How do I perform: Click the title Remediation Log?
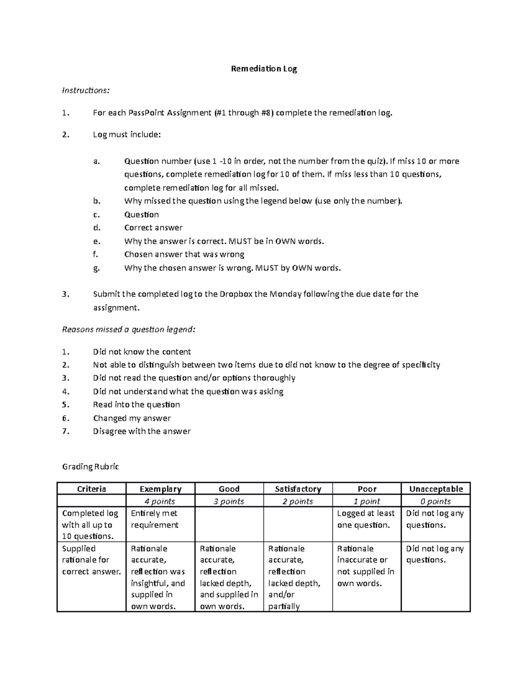264,69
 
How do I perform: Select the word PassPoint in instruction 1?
147,113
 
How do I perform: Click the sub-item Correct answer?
153,228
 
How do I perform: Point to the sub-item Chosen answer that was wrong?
184,254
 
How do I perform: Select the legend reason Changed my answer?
132,418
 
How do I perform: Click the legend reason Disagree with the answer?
142,431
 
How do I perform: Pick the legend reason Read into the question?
136,405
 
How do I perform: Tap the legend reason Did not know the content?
142,352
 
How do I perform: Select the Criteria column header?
92,489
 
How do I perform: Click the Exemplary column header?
160,489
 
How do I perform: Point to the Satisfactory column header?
298,489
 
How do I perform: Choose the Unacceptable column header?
436,489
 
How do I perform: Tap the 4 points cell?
160,501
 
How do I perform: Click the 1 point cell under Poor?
367,501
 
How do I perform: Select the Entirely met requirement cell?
155,519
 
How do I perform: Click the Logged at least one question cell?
366,519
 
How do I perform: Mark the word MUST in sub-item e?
241,241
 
